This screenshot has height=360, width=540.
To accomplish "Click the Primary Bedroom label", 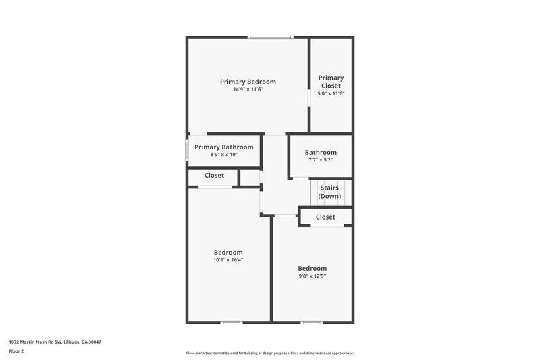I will coord(248,82).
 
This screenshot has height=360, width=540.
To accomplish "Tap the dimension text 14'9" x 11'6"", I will coord(248,89).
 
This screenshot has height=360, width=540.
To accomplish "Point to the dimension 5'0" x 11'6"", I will coord(331,94).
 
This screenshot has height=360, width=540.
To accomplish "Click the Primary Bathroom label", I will coord(223,147).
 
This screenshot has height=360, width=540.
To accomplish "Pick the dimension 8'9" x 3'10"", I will coord(223,155).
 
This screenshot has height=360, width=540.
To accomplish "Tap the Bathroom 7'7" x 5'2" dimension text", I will coord(320,160).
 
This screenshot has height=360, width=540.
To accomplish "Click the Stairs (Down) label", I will coord(330,192).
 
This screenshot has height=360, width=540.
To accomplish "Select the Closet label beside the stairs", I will coord(325,217).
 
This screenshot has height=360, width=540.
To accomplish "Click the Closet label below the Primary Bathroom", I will coord(214,176).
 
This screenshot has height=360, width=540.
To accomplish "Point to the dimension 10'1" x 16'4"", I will coord(228,260).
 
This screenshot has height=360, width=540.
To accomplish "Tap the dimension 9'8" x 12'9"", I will coord(313,276).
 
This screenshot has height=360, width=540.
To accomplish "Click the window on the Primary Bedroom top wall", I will coord(270,37).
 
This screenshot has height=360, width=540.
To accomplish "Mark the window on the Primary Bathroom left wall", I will coord(187,150).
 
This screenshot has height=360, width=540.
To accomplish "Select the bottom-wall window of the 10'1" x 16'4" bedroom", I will coord(232,322).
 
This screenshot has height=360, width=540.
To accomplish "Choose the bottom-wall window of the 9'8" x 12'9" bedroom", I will coord(311,322).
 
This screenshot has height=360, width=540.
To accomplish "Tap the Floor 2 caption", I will coord(17,351).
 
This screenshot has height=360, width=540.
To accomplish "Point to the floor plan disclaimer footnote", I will coord(269,353).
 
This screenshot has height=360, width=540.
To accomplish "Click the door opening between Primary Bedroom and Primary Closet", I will coord(309,97).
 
